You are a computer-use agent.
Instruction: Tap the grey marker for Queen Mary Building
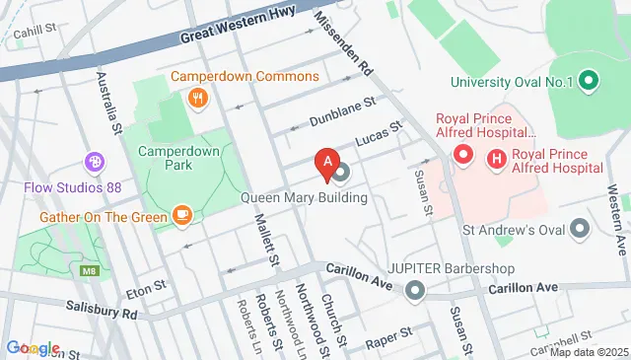click(x=342, y=176)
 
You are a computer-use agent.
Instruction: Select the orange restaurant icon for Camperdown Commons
click(x=198, y=97)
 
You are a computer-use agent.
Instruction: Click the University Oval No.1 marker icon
click(x=589, y=81)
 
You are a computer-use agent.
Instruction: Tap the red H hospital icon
click(x=497, y=156)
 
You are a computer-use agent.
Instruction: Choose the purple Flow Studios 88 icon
click(x=95, y=161)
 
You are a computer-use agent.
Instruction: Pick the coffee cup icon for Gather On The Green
click(x=181, y=214)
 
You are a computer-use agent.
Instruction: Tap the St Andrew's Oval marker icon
click(x=581, y=229)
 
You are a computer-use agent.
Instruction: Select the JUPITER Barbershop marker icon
click(x=415, y=290)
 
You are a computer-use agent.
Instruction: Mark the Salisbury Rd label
click(x=102, y=312)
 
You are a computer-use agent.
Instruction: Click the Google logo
click(x=33, y=348)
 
